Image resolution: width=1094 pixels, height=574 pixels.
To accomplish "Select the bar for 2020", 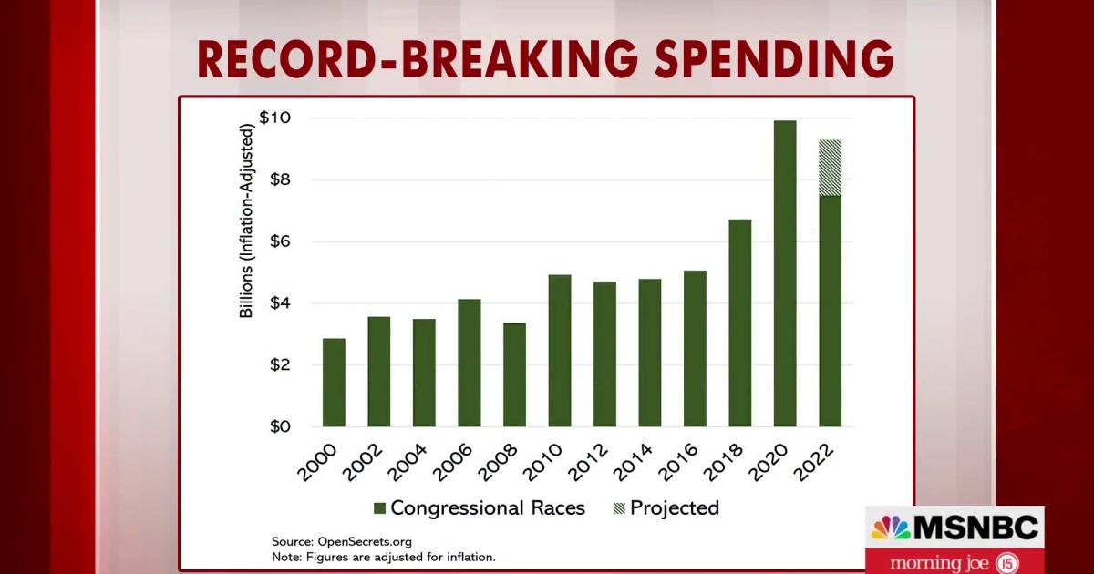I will (x=785, y=273).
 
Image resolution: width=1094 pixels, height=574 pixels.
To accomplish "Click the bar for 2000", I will (x=334, y=383).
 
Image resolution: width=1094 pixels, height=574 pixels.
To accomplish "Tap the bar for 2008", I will (x=514, y=374).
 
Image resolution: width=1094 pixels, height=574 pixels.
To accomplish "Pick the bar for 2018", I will (x=740, y=323).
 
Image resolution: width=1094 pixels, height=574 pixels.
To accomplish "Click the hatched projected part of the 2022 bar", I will (x=830, y=168).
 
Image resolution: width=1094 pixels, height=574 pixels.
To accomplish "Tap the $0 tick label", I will (x=277, y=426).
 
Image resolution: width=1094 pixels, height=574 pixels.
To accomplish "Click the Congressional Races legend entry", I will (x=479, y=508).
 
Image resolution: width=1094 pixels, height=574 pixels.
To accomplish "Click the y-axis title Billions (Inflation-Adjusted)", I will (x=246, y=220).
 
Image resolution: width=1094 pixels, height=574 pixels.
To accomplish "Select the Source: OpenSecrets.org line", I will (x=341, y=541).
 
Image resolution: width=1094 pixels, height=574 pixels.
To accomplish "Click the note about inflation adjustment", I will (x=383, y=557).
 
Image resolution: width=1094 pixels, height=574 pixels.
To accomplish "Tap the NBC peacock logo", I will (x=891, y=528).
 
